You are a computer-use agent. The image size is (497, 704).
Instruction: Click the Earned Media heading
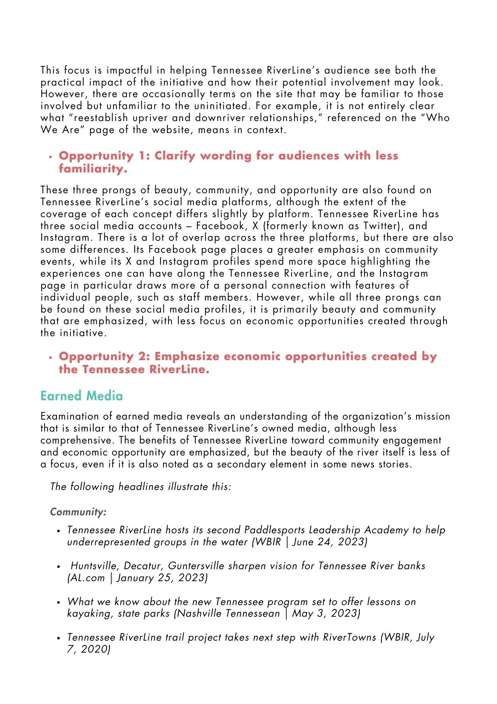click(x=82, y=396)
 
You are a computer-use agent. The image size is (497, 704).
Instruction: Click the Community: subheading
click(x=78, y=511)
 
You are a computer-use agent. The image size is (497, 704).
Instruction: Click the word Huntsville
click(x=92, y=566)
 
